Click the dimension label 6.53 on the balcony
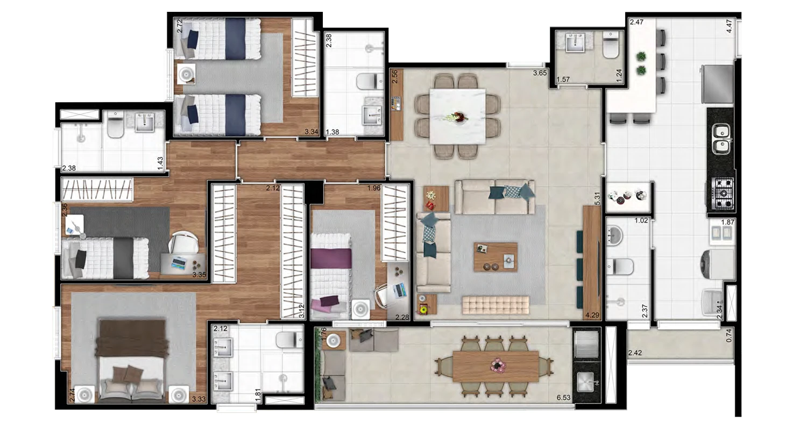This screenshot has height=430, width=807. pyautogui.click(x=563, y=397)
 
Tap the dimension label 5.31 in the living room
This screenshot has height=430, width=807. pyautogui.click(x=597, y=199)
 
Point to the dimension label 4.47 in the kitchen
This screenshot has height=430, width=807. pyautogui.click(x=729, y=26)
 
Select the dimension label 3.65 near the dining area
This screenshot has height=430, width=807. pyautogui.click(x=540, y=73)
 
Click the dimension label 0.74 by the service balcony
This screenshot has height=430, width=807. pyautogui.click(x=729, y=335)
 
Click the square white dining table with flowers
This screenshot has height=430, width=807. pyautogui.click(x=457, y=116)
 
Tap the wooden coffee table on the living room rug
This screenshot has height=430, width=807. pyautogui.click(x=495, y=257)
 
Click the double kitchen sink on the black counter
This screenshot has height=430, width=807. pyautogui.click(x=721, y=139)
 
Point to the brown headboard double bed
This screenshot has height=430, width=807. pyautogui.click(x=132, y=360)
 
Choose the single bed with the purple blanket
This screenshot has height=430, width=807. pyautogui.click(x=331, y=276)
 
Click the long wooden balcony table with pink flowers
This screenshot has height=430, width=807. pyautogui.click(x=495, y=367)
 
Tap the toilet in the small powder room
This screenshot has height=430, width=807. pyautogui.click(x=611, y=45)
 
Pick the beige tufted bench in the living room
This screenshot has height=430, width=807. pyautogui.click(x=495, y=305)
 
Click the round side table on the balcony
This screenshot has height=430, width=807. pyautogui.click(x=334, y=340)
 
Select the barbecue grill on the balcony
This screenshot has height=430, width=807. pyautogui.click(x=586, y=341)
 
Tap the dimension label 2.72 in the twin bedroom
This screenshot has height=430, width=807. pyautogui.click(x=180, y=26)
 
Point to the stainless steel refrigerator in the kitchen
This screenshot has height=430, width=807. pyautogui.click(x=717, y=84)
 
